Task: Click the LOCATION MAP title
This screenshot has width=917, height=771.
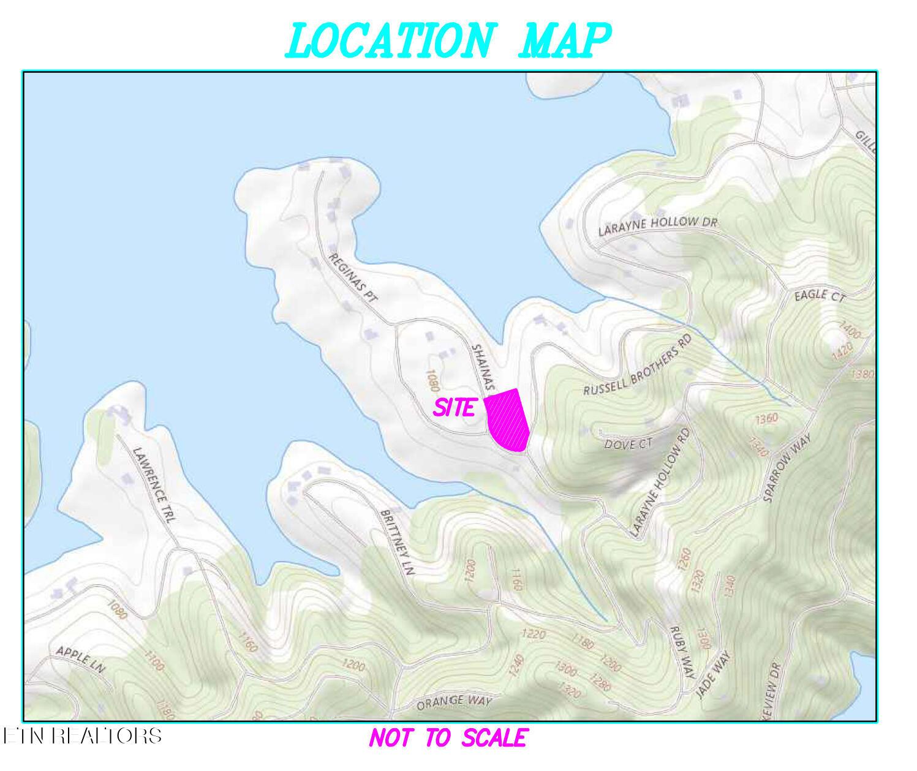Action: [447, 40]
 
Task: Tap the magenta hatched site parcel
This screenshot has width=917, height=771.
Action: [507, 421]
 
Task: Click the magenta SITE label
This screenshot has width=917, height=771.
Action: [454, 408]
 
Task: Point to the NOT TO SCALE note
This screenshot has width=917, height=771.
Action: [447, 738]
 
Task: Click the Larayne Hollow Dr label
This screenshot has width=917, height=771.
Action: [657, 225]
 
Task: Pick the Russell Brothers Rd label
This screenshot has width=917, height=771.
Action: [636, 374]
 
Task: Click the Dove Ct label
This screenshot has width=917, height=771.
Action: [628, 443]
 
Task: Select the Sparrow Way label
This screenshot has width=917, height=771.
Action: [787, 468]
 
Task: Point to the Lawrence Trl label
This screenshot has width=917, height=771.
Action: [154, 484]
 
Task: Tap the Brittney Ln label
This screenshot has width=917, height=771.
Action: [398, 543]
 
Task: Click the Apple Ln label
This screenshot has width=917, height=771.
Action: [81, 659]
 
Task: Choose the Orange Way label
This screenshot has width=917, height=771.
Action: [454, 703]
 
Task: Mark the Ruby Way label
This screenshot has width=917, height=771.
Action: [682, 652]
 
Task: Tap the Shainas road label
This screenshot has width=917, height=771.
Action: [482, 367]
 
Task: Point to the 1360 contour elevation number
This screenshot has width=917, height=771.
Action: [766, 419]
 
